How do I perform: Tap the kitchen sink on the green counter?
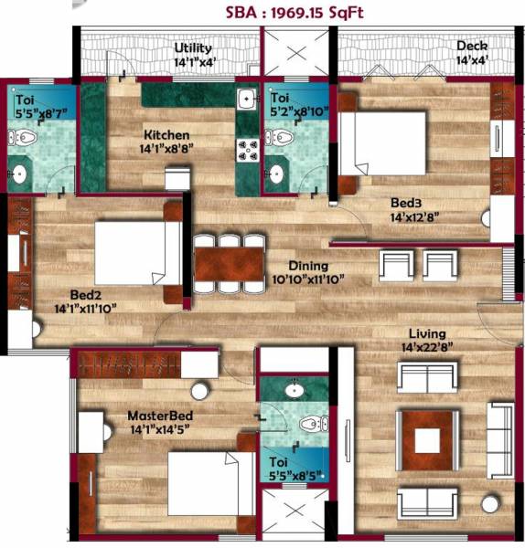246,99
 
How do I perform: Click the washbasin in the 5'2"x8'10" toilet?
275,172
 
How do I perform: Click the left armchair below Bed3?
395,266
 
